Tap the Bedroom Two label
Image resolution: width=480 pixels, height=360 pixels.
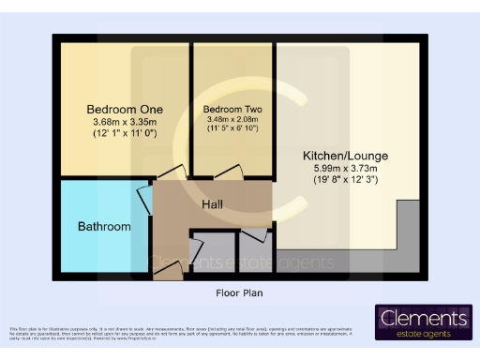click(x=232, y=110)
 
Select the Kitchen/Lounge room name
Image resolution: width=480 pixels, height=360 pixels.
click(x=345, y=155)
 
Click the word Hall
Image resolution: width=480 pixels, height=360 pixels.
click(x=212, y=203)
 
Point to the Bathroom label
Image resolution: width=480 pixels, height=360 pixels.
click(x=103, y=227)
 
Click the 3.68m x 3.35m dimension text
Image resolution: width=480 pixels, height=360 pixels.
click(x=120, y=123)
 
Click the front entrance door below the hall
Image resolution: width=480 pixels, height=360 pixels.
click(x=169, y=271)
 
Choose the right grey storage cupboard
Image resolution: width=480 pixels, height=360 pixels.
click(x=253, y=247)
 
